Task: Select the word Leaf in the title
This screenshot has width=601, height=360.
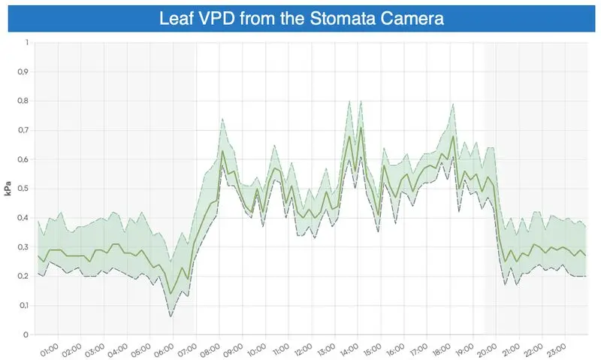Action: tap(176, 19)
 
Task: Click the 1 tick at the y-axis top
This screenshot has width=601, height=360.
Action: tap(26, 43)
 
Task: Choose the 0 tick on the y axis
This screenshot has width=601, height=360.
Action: tap(26, 334)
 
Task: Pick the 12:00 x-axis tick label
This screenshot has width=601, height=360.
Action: tap(304, 350)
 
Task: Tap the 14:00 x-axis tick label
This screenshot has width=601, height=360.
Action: tap(350, 350)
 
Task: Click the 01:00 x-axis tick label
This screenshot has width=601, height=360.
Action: tap(49, 350)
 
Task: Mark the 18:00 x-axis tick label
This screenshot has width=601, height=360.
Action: tap(442, 350)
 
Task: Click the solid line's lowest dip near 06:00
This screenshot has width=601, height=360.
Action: tap(171, 293)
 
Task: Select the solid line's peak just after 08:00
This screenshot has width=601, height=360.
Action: tap(222, 151)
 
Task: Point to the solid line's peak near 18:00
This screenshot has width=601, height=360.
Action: tap(454, 136)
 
